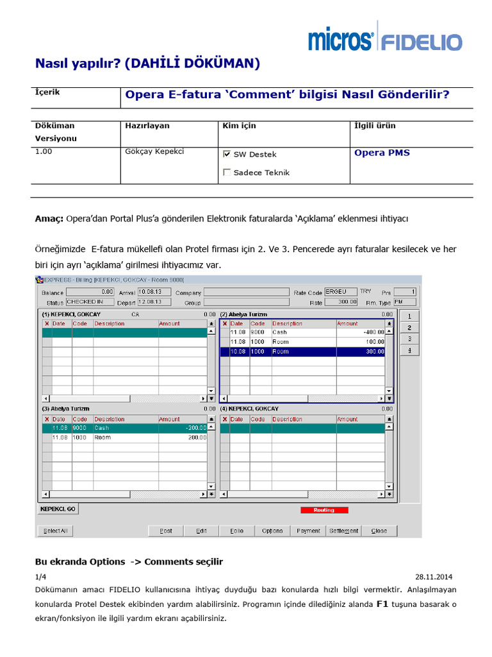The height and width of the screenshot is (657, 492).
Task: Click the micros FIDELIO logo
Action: [x=384, y=38]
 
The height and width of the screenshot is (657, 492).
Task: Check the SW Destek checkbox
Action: [x=227, y=155]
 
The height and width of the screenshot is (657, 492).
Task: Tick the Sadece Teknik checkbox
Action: [x=227, y=173]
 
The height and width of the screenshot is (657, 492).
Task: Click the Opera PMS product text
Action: [x=382, y=153]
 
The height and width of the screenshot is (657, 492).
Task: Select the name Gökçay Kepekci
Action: [x=154, y=151]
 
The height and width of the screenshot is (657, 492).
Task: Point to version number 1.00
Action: [x=44, y=151]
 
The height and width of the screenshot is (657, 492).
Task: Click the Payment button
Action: [x=308, y=531]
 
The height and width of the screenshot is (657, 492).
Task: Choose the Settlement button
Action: [x=344, y=531]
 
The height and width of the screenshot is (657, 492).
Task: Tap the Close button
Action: [x=379, y=531]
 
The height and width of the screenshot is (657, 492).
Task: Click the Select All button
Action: [x=56, y=531]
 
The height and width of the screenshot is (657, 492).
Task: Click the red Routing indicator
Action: [x=324, y=510]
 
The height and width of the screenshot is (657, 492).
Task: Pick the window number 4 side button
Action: [x=409, y=350]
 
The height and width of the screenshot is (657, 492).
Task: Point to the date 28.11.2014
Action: [x=438, y=577]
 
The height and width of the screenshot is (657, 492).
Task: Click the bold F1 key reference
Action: [x=382, y=604]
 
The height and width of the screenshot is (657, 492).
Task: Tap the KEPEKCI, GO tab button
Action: [x=58, y=509]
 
